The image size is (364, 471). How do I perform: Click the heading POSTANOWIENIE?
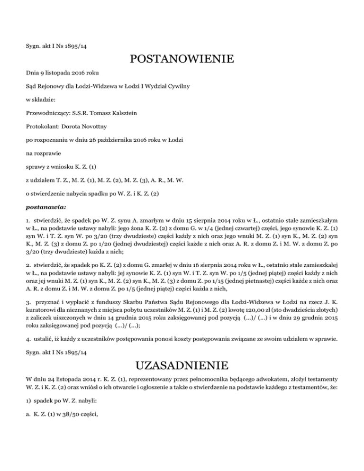(x=182, y=60)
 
